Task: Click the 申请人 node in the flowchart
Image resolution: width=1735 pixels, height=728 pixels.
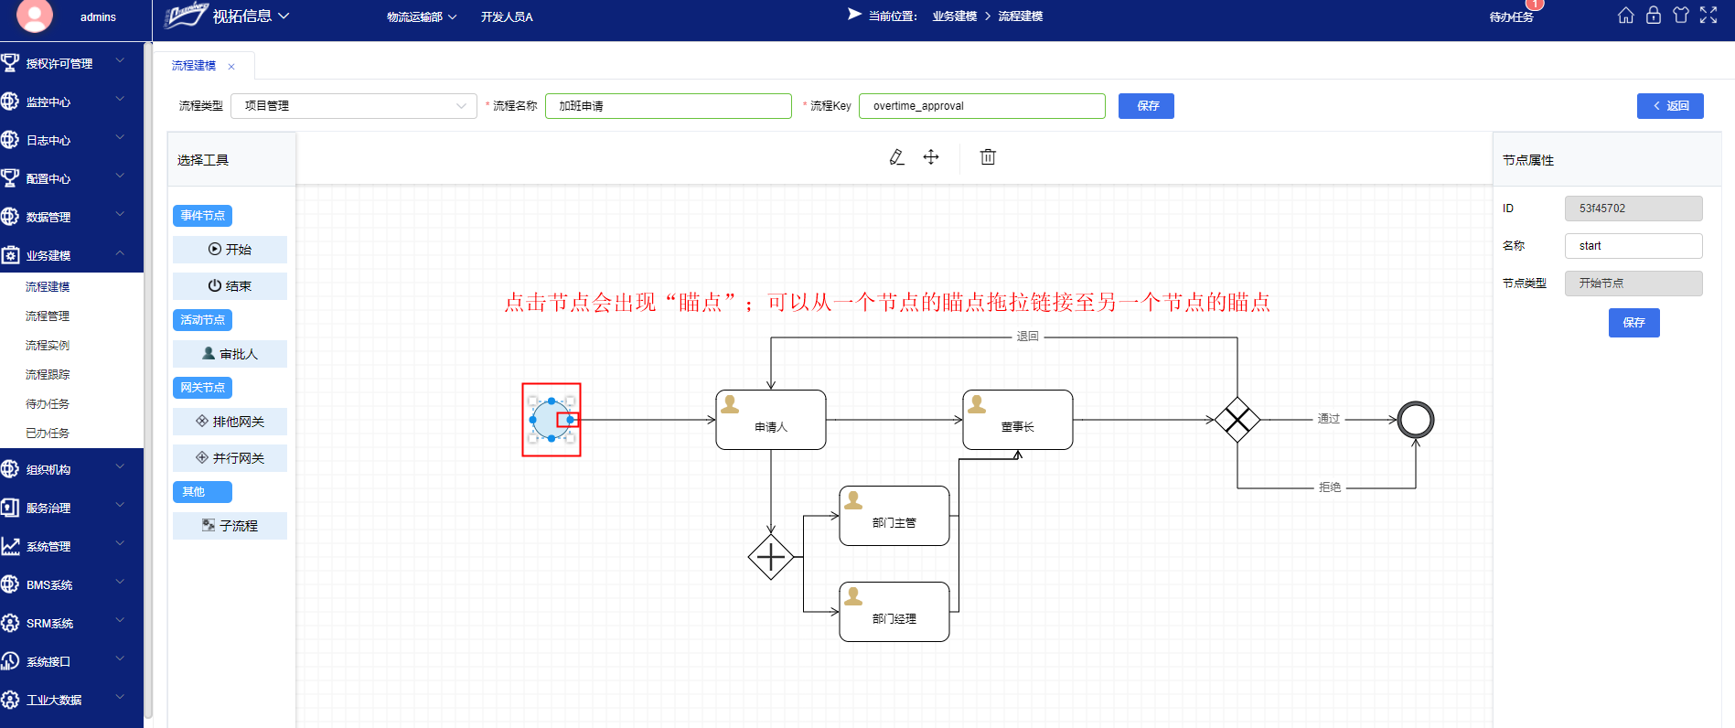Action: tap(770, 420)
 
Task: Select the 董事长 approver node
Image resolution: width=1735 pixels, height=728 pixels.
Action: tap(1017, 420)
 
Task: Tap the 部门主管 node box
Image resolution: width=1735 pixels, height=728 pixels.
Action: tap(894, 516)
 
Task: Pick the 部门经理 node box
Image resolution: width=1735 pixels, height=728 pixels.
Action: tap(894, 612)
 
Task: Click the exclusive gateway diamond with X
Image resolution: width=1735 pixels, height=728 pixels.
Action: tap(1237, 420)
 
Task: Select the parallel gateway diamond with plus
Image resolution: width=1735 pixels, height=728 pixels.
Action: tap(770, 556)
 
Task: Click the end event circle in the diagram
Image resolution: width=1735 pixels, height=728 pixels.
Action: tap(1415, 420)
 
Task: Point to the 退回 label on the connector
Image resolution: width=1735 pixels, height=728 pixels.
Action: tap(1027, 337)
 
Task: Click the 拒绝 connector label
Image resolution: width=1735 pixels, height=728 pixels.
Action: tap(1329, 487)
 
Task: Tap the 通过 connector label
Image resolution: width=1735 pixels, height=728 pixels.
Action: tap(1328, 419)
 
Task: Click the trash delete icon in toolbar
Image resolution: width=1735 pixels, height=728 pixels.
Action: tap(988, 157)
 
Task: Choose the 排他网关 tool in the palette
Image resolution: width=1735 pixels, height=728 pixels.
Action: tap(230, 422)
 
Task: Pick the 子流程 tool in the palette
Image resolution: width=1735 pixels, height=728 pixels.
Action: tap(230, 526)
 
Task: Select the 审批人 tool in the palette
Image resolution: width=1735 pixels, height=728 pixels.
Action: tap(230, 354)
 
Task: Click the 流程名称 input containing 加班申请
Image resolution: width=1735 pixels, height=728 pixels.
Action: tap(668, 106)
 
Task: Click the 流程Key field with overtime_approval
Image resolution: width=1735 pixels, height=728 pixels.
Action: tap(981, 106)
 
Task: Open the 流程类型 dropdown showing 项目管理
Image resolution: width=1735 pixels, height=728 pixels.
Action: tap(353, 106)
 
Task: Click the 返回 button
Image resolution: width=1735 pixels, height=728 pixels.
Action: tap(1670, 106)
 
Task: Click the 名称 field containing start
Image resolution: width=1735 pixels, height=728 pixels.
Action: tap(1633, 246)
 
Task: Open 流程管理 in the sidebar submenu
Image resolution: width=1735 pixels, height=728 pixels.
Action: tap(48, 316)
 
